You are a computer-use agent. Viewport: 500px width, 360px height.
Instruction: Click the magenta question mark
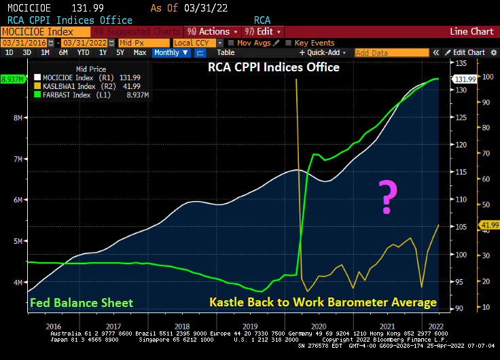(387, 197)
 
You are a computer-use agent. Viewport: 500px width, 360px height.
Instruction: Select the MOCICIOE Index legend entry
(75, 77)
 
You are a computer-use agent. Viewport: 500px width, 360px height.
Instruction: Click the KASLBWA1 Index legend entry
(75, 86)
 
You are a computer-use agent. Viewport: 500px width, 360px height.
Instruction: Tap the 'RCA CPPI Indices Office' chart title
(274, 67)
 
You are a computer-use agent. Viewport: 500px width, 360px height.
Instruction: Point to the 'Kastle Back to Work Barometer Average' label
(323, 302)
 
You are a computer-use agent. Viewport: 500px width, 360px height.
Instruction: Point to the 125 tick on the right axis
(461, 118)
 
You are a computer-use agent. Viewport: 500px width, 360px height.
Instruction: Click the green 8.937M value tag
(13, 79)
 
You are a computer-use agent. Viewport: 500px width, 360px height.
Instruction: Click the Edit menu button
(262, 31)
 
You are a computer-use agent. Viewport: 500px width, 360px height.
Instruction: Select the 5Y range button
(120, 52)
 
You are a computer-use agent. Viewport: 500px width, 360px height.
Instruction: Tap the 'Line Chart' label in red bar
(471, 31)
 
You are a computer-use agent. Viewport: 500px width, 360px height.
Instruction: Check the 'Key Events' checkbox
(289, 43)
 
